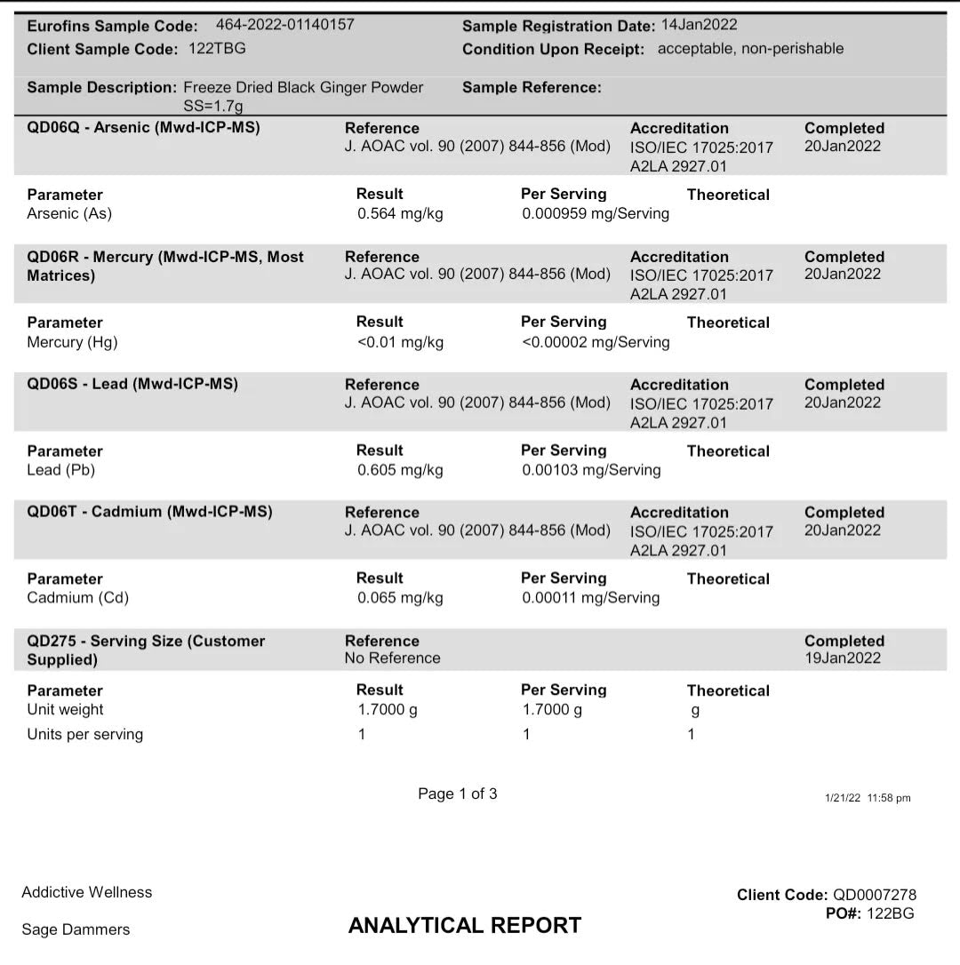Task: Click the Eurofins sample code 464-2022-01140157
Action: [x=284, y=25]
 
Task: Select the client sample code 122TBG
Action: [x=217, y=49]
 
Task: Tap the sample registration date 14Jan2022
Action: [x=699, y=25]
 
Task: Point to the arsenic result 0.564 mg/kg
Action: [x=400, y=213]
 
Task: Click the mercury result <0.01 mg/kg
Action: [x=400, y=342]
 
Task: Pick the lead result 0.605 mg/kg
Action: [x=400, y=470]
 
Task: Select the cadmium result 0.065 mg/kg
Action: [x=400, y=598]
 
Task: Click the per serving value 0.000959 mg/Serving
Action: [x=596, y=213]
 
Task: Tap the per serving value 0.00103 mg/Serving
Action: [x=591, y=470]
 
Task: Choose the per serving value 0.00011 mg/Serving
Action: [x=590, y=598]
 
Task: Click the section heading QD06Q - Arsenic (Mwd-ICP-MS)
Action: [x=143, y=128]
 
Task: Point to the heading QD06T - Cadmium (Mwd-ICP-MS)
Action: [x=149, y=512]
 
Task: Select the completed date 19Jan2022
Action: [x=842, y=658]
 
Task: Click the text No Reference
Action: [x=392, y=658]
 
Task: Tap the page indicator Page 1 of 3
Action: [x=458, y=794]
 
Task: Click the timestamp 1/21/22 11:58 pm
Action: [x=868, y=798]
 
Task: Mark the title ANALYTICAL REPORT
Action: [x=465, y=925]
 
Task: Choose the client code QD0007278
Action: [x=874, y=895]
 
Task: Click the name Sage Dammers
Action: [x=76, y=929]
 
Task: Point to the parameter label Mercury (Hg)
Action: [x=72, y=342]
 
